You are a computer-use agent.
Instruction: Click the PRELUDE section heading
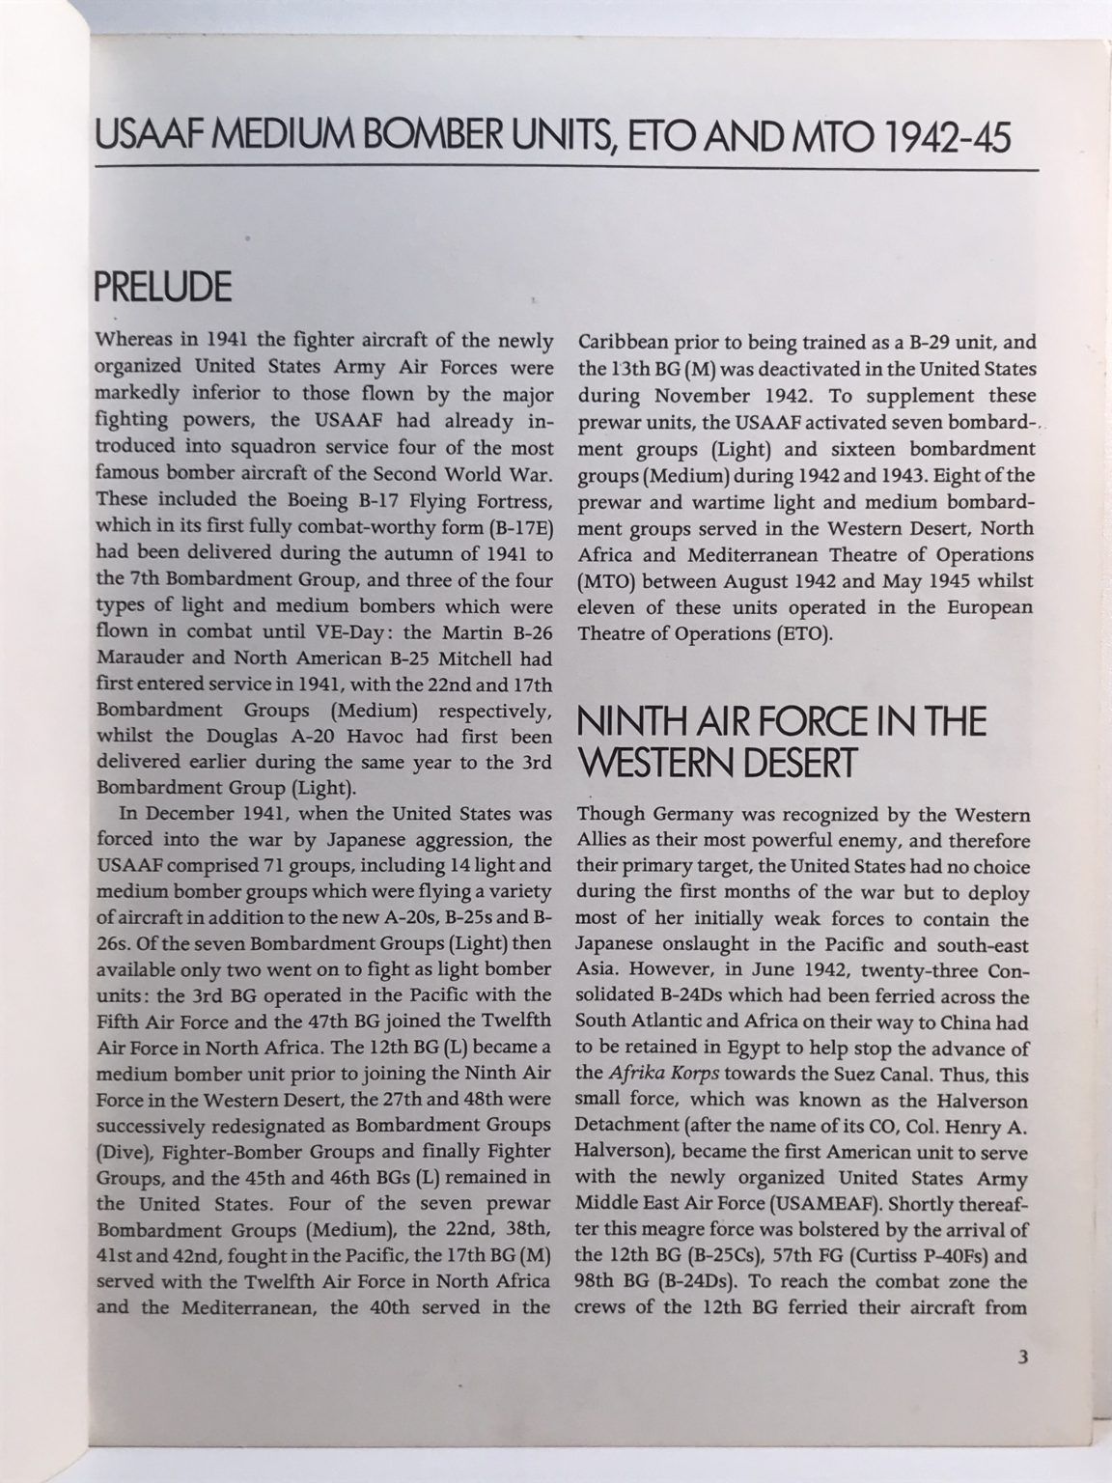coord(163,287)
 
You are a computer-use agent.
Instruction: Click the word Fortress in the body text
coord(515,502)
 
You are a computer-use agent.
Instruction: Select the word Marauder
coord(137,658)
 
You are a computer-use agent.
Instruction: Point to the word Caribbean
coord(623,341)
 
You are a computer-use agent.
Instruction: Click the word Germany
coord(691,816)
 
